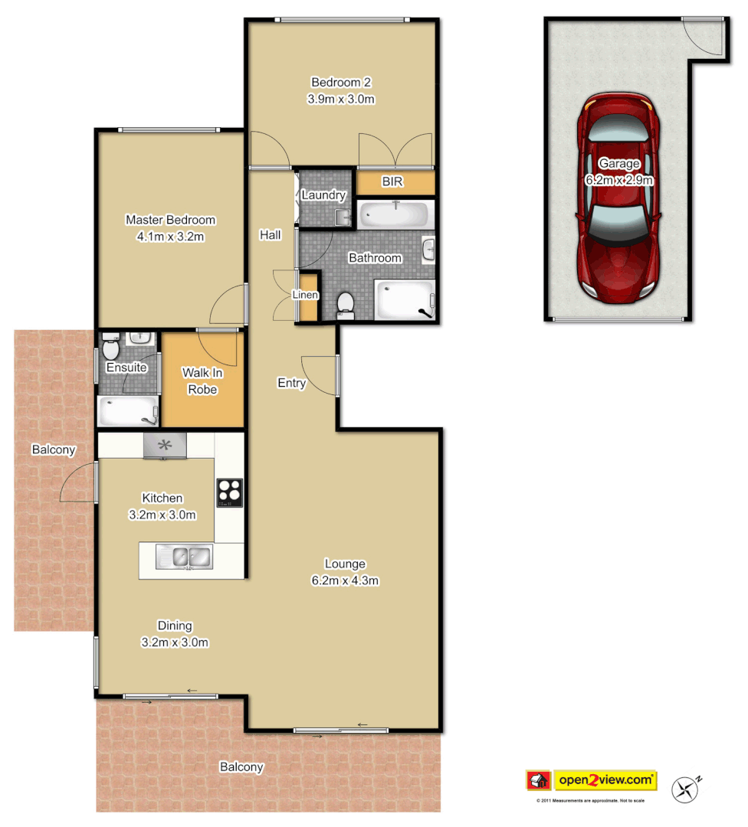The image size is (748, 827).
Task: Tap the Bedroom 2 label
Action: (x=341, y=82)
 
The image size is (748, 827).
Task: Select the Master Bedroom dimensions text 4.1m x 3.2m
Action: (x=170, y=237)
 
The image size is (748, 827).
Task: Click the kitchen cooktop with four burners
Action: (x=229, y=492)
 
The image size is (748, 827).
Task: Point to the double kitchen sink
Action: (x=184, y=557)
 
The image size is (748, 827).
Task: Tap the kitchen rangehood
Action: (x=165, y=445)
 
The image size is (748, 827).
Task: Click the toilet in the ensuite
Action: (x=110, y=349)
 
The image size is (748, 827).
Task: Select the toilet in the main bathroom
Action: (x=346, y=304)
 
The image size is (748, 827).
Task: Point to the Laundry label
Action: (x=323, y=195)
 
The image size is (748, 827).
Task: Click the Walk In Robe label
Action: (x=200, y=381)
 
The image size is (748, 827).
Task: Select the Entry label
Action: (x=291, y=383)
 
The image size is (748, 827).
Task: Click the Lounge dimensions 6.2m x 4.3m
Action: (x=345, y=580)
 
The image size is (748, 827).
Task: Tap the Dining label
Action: (x=175, y=625)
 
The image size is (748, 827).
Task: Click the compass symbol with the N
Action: (x=687, y=789)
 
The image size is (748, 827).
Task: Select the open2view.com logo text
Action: (x=605, y=780)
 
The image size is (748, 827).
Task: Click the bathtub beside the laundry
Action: (x=395, y=214)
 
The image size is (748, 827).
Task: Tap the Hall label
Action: (x=270, y=235)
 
